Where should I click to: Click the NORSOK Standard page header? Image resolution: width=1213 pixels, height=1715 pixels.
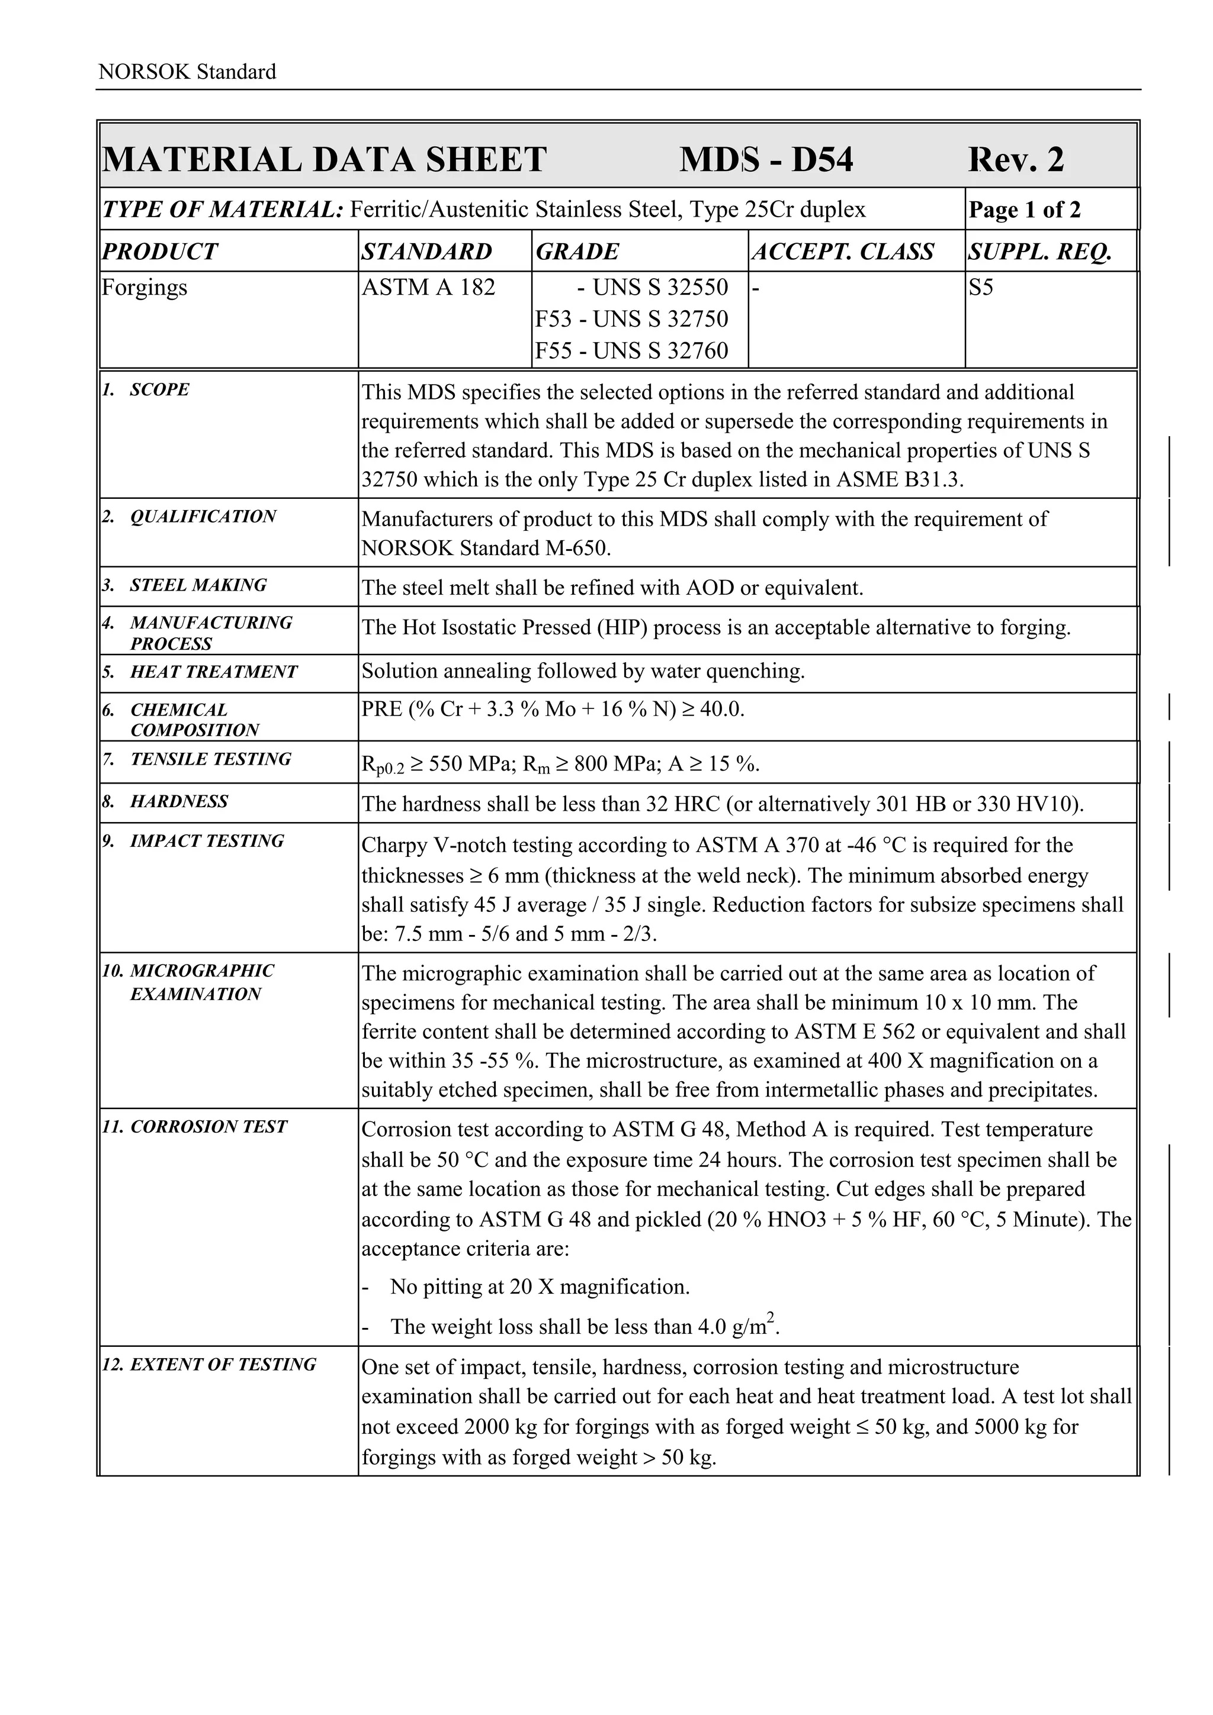[x=187, y=72]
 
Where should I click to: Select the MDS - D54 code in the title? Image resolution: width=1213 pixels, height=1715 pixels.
[x=765, y=160]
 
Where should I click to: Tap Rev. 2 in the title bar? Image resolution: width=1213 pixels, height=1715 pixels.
[x=1016, y=160]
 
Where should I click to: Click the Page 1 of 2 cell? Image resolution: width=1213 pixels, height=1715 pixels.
[x=1025, y=210]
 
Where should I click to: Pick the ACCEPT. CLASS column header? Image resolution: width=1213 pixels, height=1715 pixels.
[x=843, y=252]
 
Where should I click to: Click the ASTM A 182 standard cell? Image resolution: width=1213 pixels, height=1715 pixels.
[x=428, y=288]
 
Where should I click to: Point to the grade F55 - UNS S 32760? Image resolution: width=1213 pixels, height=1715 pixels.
[x=631, y=350]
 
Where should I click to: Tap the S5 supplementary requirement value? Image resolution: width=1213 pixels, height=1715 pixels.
[x=981, y=288]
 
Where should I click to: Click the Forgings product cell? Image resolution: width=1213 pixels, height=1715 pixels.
[x=145, y=288]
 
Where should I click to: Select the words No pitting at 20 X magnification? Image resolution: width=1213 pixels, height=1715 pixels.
[x=540, y=1287]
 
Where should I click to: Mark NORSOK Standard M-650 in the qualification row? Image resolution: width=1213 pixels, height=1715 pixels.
[x=486, y=548]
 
